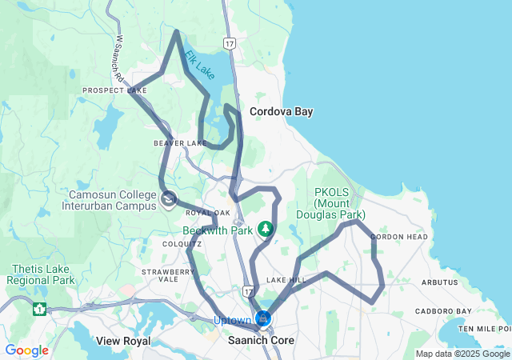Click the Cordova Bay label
[x=281, y=112]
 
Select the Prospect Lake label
[x=114, y=90]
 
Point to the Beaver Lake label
[x=181, y=143]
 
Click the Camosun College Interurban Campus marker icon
[x=168, y=199]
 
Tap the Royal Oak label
[x=202, y=213]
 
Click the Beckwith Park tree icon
[x=266, y=230]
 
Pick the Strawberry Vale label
[x=168, y=276]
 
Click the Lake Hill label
[x=286, y=280]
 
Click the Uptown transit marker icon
[x=263, y=319]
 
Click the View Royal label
[x=123, y=341]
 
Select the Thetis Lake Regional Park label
[x=41, y=274]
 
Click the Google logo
[x=26, y=350]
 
